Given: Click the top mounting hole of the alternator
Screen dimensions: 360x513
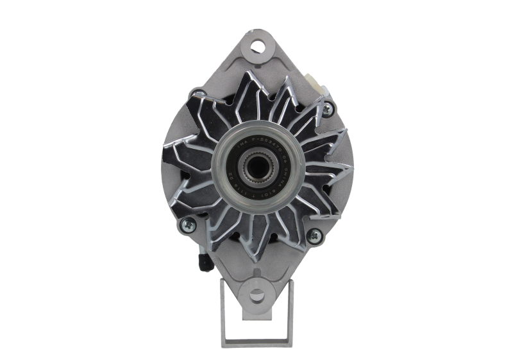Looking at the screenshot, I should tap(258, 46).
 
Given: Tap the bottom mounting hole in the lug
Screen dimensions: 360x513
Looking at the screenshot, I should tap(256, 296).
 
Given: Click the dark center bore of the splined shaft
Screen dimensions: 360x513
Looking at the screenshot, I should tap(257, 168).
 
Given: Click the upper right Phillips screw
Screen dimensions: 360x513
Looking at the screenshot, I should tap(328, 108).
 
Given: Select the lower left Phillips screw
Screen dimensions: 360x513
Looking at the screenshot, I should tap(187, 225).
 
